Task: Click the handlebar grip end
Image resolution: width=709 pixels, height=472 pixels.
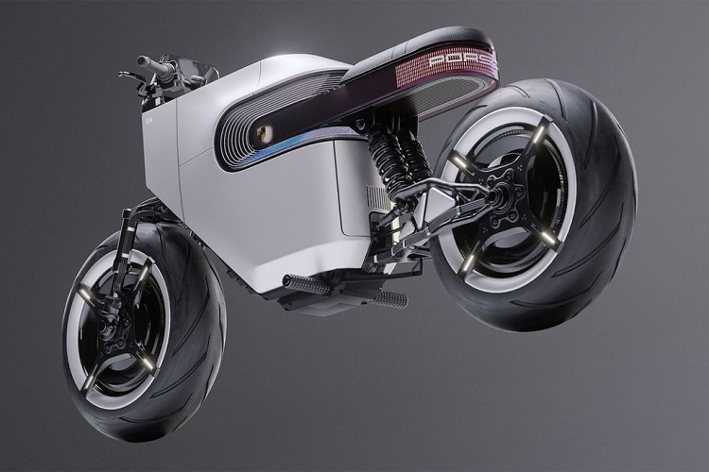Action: [143, 62]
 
